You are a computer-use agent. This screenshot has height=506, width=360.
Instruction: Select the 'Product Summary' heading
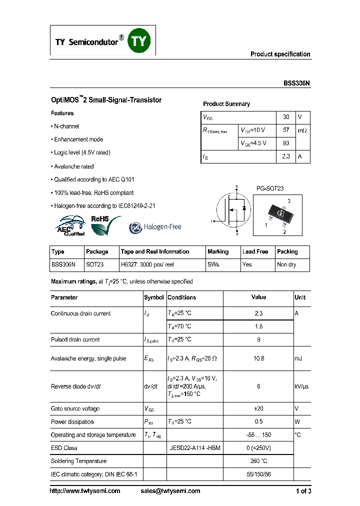point(226,104)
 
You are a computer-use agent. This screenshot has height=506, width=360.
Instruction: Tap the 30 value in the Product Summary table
point(286,117)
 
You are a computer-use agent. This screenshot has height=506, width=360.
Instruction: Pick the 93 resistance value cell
point(286,143)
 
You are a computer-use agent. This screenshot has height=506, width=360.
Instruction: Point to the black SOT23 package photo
point(277,214)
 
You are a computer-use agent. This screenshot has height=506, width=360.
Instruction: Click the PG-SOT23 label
point(270,188)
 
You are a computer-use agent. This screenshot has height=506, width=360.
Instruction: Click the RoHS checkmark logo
point(105,224)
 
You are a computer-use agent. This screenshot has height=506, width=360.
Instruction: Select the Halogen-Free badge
point(155,227)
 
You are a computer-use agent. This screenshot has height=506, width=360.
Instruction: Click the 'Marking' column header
point(218,251)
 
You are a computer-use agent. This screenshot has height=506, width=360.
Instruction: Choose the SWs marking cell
point(213,264)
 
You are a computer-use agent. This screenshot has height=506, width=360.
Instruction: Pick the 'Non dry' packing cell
point(287,264)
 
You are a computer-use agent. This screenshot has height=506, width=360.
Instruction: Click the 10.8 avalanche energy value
point(258,358)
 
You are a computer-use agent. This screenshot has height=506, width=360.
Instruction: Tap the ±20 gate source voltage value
point(258,408)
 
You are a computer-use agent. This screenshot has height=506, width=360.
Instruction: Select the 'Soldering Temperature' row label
point(78,461)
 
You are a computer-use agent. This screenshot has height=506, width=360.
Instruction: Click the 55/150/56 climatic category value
point(258,474)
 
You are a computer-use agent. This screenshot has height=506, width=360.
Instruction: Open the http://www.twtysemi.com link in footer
point(85,491)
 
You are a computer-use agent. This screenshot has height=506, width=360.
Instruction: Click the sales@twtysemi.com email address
point(170,491)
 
